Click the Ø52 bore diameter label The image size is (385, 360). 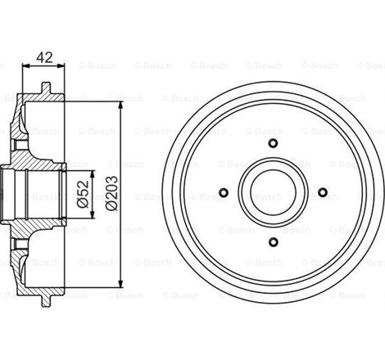(83, 194)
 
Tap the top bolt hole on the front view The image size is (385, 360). (272, 146)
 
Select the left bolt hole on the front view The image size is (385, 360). (224, 193)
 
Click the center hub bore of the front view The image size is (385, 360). (272, 193)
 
